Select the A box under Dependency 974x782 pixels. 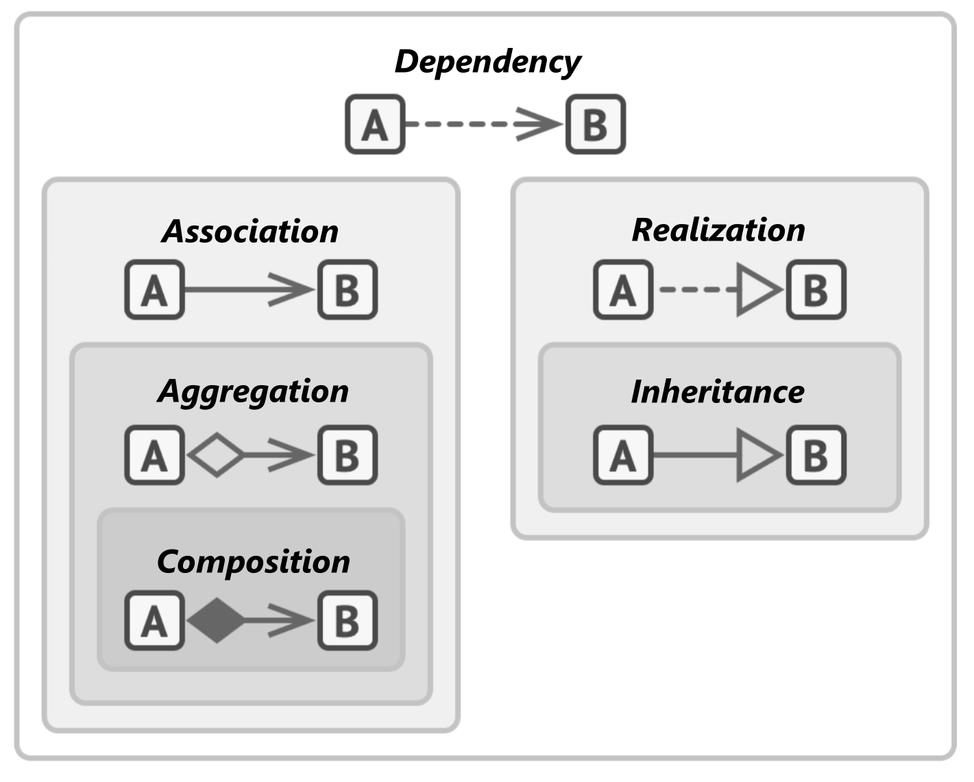click(375, 124)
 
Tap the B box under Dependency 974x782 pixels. click(596, 124)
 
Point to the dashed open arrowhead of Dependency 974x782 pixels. click(539, 124)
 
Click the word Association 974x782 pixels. click(250, 231)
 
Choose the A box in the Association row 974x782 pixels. click(155, 290)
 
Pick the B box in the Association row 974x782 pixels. click(348, 290)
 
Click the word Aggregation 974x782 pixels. click(253, 392)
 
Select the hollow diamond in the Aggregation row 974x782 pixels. click(217, 455)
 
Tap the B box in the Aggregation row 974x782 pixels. click(348, 455)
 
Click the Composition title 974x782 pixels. click(254, 562)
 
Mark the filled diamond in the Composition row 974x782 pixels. click(217, 620)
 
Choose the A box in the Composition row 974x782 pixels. click(155, 620)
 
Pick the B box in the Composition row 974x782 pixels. click(348, 620)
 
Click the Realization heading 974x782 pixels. click(719, 230)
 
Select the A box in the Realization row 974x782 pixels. click(623, 290)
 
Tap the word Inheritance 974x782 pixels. click(718, 392)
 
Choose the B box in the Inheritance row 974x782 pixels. click(816, 455)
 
